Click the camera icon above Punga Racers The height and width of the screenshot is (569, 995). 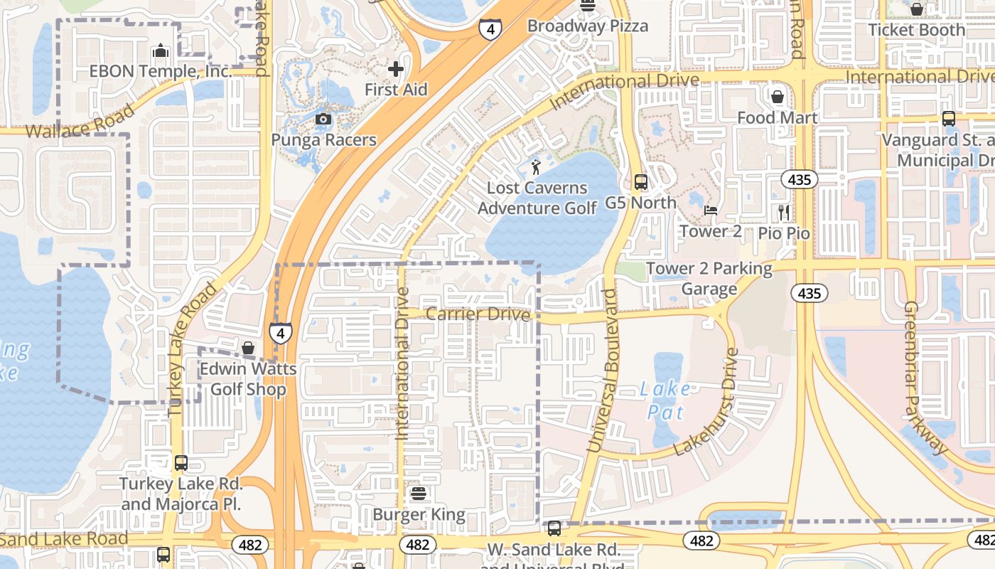pyautogui.click(x=323, y=119)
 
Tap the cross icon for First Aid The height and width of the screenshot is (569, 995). pyautogui.click(x=396, y=69)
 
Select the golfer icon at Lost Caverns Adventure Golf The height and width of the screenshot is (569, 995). pyautogui.click(x=536, y=168)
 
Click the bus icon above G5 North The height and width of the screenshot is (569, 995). pyautogui.click(x=641, y=182)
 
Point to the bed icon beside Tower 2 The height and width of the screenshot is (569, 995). pyautogui.click(x=710, y=210)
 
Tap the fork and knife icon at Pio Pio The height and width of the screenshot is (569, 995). pyautogui.click(x=784, y=212)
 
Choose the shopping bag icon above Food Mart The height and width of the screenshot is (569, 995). pyautogui.click(x=778, y=96)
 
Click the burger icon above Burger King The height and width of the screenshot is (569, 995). pyautogui.click(x=418, y=493)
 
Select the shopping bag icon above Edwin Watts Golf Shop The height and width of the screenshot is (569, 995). pyautogui.click(x=248, y=348)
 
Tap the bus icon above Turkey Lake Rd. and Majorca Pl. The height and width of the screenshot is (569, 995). pyautogui.click(x=181, y=463)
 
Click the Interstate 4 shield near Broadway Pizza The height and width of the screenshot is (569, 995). pyautogui.click(x=490, y=28)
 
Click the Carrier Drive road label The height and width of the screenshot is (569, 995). pyautogui.click(x=478, y=314)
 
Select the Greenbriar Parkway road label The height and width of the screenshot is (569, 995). pyautogui.click(x=926, y=378)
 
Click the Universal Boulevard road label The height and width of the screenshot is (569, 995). pyautogui.click(x=601, y=370)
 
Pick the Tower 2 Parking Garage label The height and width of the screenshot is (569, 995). pyautogui.click(x=709, y=279)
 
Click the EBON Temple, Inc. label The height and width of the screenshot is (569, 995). pyautogui.click(x=161, y=72)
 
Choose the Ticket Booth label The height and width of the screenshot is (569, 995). pyautogui.click(x=917, y=30)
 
